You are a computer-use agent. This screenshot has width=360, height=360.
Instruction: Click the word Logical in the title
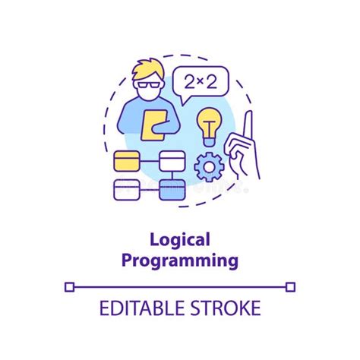tap(180, 242)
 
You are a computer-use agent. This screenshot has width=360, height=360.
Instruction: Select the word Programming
tap(180, 261)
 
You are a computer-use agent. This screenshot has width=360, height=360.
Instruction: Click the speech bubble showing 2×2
tap(201, 82)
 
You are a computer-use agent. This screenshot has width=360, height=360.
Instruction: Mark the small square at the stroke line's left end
tap(69, 287)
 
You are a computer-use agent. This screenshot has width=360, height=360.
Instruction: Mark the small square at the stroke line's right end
tap(291, 287)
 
